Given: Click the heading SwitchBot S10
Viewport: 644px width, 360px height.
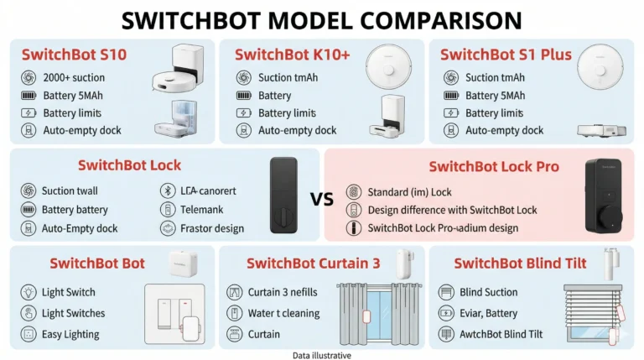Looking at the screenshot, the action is click(x=74, y=55).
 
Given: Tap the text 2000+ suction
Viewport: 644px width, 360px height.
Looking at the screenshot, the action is click(x=74, y=78).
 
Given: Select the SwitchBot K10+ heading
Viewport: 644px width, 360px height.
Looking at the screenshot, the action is click(x=292, y=55).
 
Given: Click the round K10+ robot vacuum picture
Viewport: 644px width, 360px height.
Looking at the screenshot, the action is click(x=388, y=66).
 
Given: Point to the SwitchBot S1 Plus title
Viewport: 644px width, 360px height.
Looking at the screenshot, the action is click(x=506, y=55).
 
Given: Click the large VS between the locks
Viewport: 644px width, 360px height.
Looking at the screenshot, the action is click(x=322, y=200).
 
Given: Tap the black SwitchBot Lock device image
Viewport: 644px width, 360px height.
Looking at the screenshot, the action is click(x=283, y=196).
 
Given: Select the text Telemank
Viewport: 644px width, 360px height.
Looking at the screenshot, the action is click(x=201, y=210).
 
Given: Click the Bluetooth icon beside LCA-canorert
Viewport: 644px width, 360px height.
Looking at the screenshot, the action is click(x=168, y=190).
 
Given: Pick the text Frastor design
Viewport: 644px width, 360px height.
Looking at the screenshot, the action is click(x=212, y=228).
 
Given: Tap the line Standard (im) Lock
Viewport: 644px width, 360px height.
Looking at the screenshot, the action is click(x=409, y=192).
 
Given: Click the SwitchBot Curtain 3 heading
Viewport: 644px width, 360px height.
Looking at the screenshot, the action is click(x=314, y=263).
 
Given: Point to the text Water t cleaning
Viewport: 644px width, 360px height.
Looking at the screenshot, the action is click(x=283, y=313).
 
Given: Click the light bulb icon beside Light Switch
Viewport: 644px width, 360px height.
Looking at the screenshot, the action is click(x=29, y=292).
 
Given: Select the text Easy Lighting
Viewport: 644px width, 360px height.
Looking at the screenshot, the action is click(x=70, y=335).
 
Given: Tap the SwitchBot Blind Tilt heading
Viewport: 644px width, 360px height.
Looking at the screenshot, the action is click(x=520, y=263).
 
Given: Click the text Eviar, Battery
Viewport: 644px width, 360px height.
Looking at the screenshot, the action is click(x=488, y=313).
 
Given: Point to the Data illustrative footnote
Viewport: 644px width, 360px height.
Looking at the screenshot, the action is click(x=322, y=356).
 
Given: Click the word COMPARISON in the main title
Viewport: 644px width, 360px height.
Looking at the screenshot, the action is click(x=441, y=20).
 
